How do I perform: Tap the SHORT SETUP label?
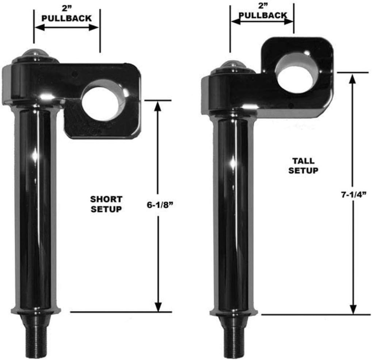click(106, 204)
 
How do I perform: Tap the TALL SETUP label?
click(303, 165)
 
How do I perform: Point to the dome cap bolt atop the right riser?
click(232, 65)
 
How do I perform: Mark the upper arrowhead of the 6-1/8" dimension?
click(158, 105)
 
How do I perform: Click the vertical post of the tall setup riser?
click(233, 215)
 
